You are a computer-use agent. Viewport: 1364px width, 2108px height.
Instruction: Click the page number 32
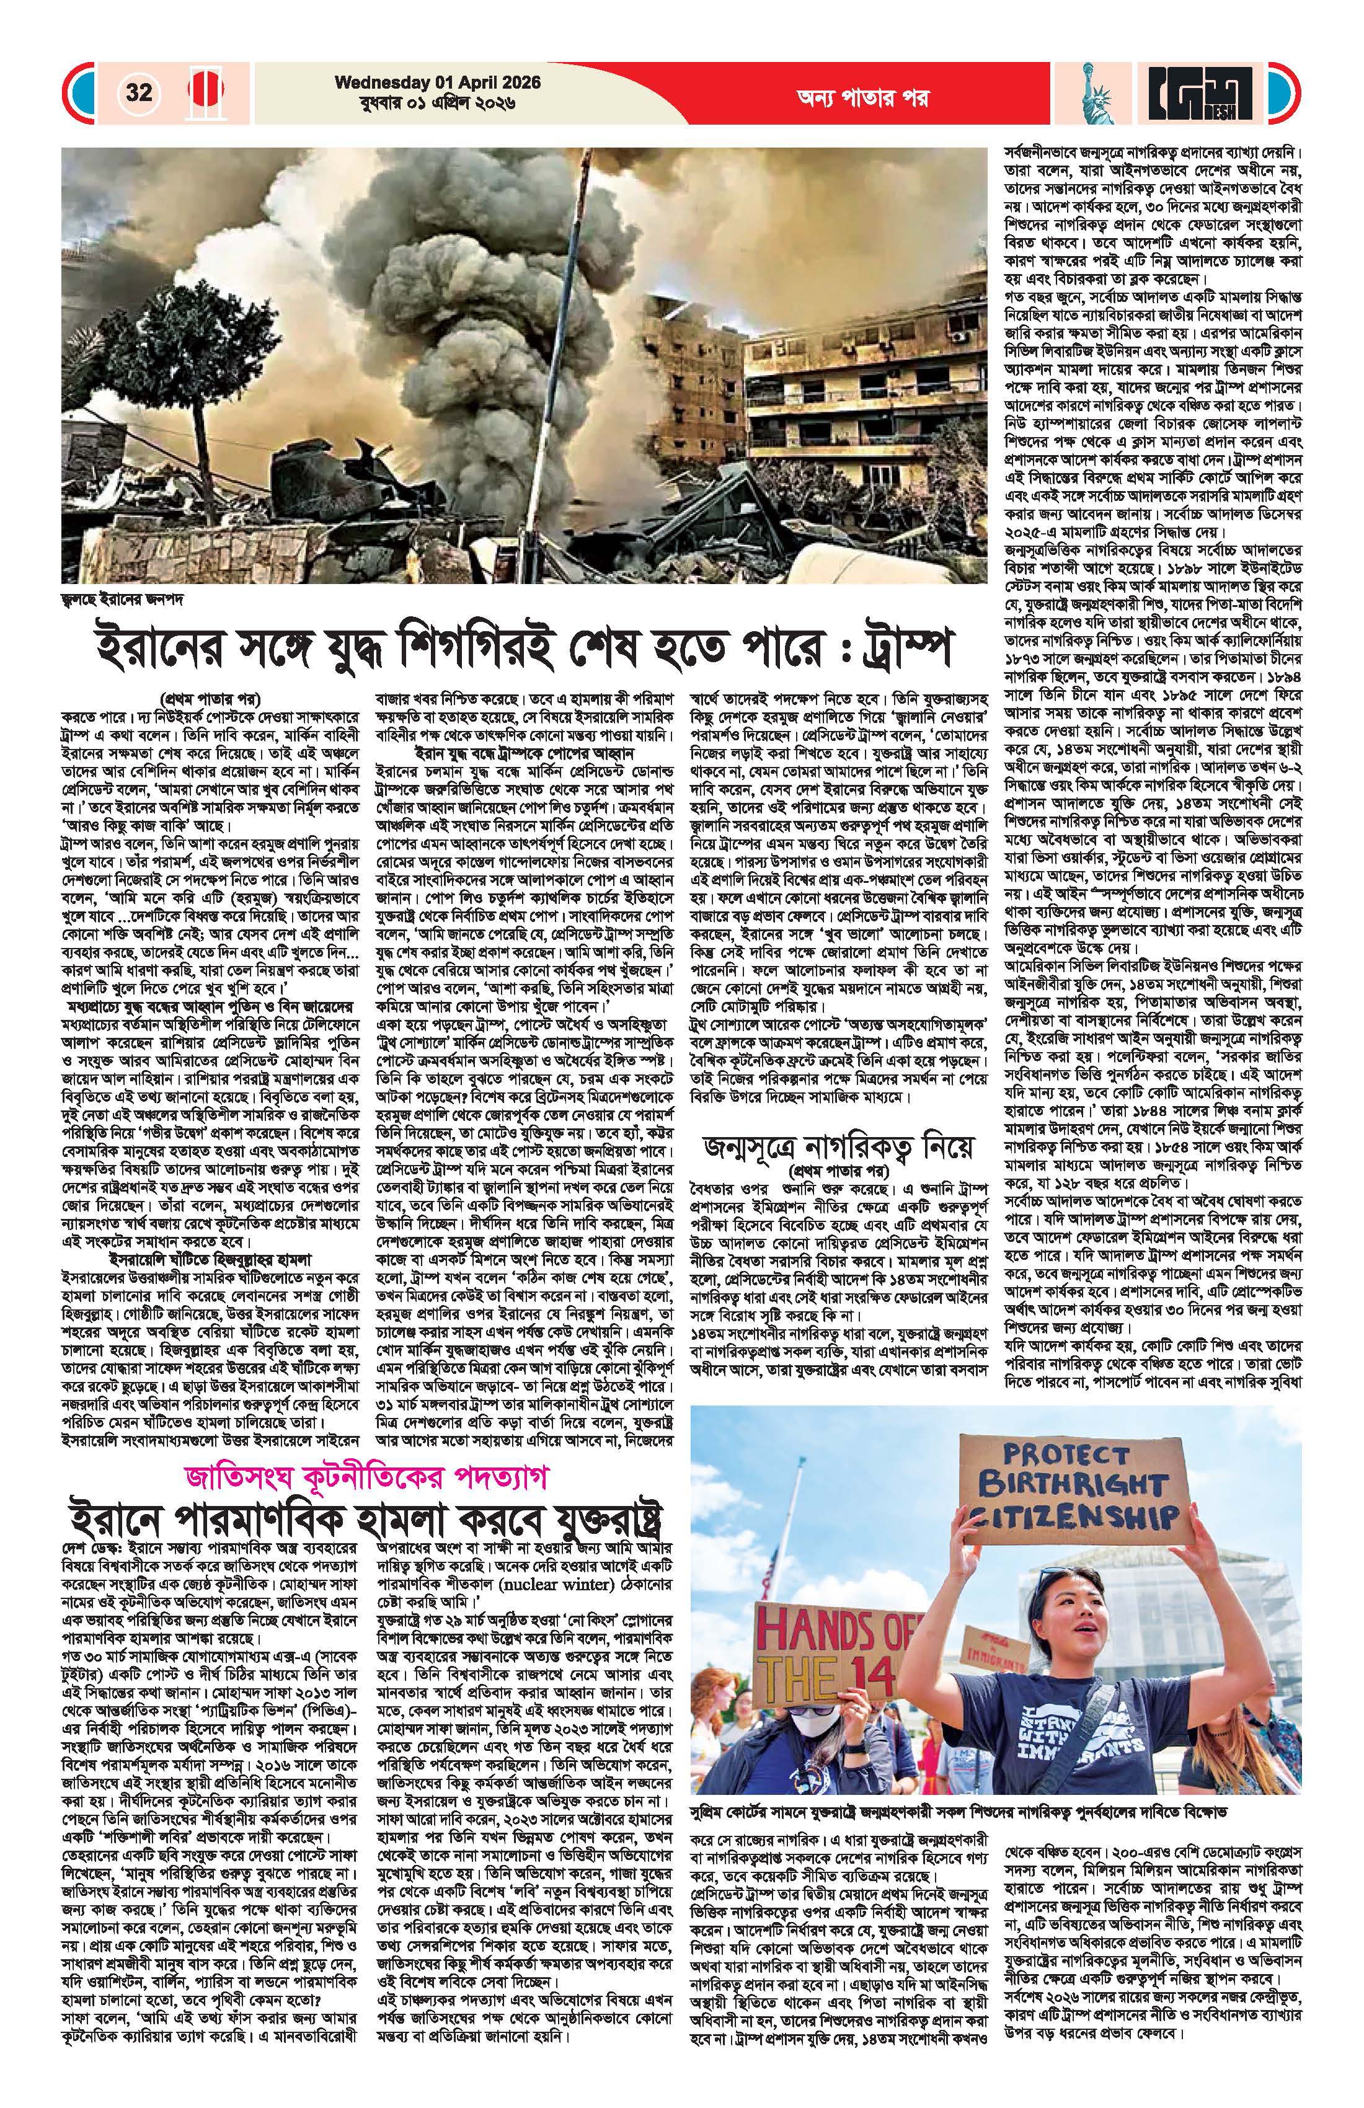[x=139, y=92]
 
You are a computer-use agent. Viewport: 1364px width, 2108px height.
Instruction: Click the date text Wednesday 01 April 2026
[x=438, y=82]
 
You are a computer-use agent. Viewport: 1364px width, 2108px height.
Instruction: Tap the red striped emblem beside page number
[x=206, y=92]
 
